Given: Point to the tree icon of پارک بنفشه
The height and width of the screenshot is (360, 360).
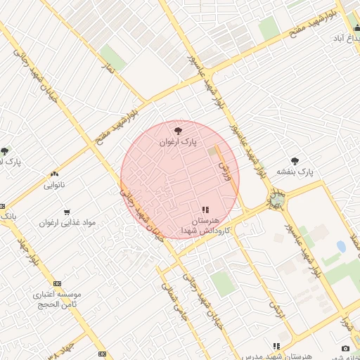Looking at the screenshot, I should [295, 161].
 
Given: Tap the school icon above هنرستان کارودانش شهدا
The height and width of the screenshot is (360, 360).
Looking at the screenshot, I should [205, 210].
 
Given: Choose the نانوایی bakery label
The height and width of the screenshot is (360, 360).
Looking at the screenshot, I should [54, 186].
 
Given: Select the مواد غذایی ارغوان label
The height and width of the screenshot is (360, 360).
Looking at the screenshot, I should [67, 222].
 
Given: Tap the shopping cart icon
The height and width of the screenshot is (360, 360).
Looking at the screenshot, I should [67, 211].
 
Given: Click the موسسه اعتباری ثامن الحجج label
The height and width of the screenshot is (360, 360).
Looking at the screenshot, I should [58, 298].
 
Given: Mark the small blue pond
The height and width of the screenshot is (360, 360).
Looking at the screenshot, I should [341, 247].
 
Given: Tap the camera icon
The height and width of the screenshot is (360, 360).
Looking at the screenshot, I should [345, 349].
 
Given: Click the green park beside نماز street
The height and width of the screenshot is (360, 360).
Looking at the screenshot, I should [112, 58].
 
